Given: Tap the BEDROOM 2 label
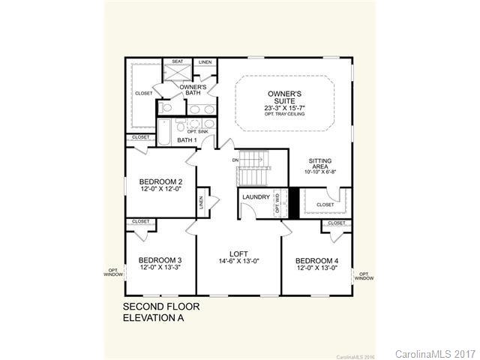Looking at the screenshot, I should [160, 181].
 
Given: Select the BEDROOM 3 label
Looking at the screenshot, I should [160, 259].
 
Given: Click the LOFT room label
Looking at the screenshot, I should [239, 253].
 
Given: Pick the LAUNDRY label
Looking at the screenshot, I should [255, 197].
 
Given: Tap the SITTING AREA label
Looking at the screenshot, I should [324, 166].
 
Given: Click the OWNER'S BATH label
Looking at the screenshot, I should [193, 89].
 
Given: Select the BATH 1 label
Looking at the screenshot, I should [187, 139].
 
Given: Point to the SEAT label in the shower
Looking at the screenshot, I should [178, 61].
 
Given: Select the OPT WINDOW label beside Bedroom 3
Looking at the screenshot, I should [112, 271].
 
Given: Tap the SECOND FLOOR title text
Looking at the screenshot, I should [161, 307].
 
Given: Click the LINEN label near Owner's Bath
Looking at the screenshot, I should [203, 62].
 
